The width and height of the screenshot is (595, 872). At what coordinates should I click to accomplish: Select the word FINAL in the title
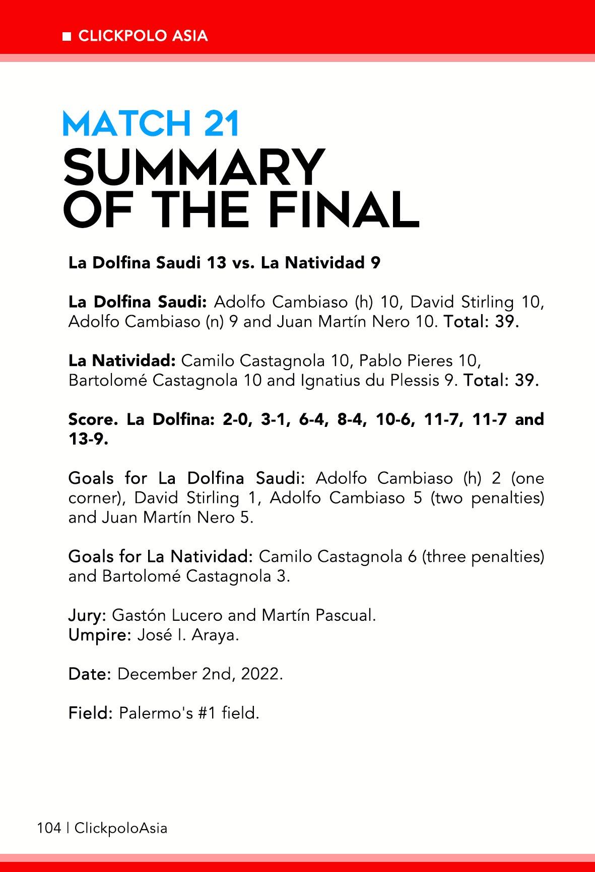[x=347, y=208]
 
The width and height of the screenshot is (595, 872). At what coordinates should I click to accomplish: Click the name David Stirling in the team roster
[x=461, y=303]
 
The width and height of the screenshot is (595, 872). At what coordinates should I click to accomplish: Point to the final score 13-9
[x=88, y=439]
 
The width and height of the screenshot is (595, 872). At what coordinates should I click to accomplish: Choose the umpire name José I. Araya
[x=188, y=635]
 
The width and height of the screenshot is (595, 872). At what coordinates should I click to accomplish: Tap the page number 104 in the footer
[x=48, y=828]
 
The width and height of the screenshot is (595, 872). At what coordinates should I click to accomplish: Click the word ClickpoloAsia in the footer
[x=121, y=828]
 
